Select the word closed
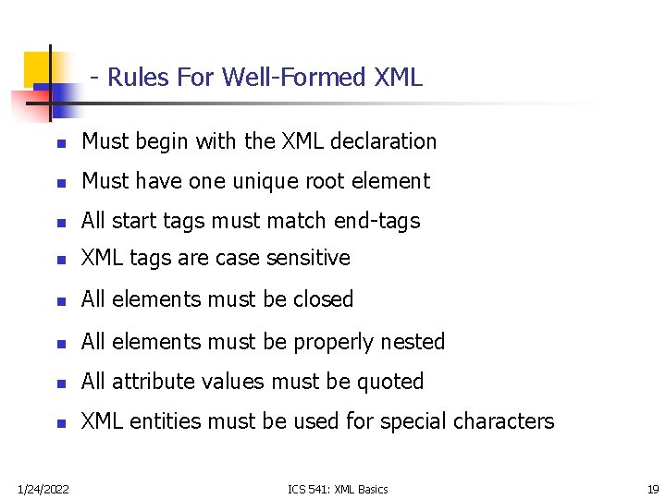pos(322,299)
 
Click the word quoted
pos(391,382)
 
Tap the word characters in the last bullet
pos(504,421)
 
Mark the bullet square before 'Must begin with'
pos(59,144)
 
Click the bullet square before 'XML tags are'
pos(59,261)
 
